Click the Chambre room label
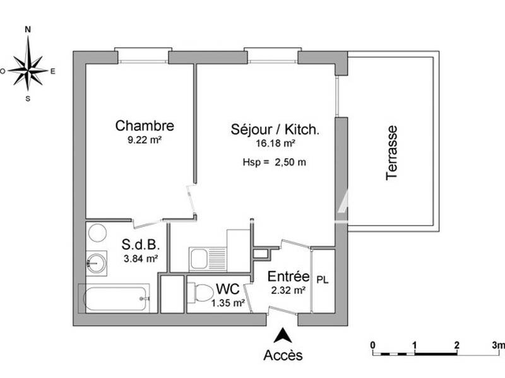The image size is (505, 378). click(x=144, y=126)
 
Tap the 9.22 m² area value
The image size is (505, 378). click(x=145, y=140)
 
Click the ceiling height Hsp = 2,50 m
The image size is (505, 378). click(x=275, y=162)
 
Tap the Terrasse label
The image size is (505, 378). click(x=392, y=152)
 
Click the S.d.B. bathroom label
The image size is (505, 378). click(x=136, y=244)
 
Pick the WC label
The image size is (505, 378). click(x=227, y=289)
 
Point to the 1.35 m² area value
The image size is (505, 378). click(x=229, y=303)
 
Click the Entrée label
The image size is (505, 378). click(x=288, y=277)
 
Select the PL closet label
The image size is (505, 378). click(x=322, y=278)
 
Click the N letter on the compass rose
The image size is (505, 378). click(x=28, y=29)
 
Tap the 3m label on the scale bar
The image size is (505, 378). click(x=498, y=345)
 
